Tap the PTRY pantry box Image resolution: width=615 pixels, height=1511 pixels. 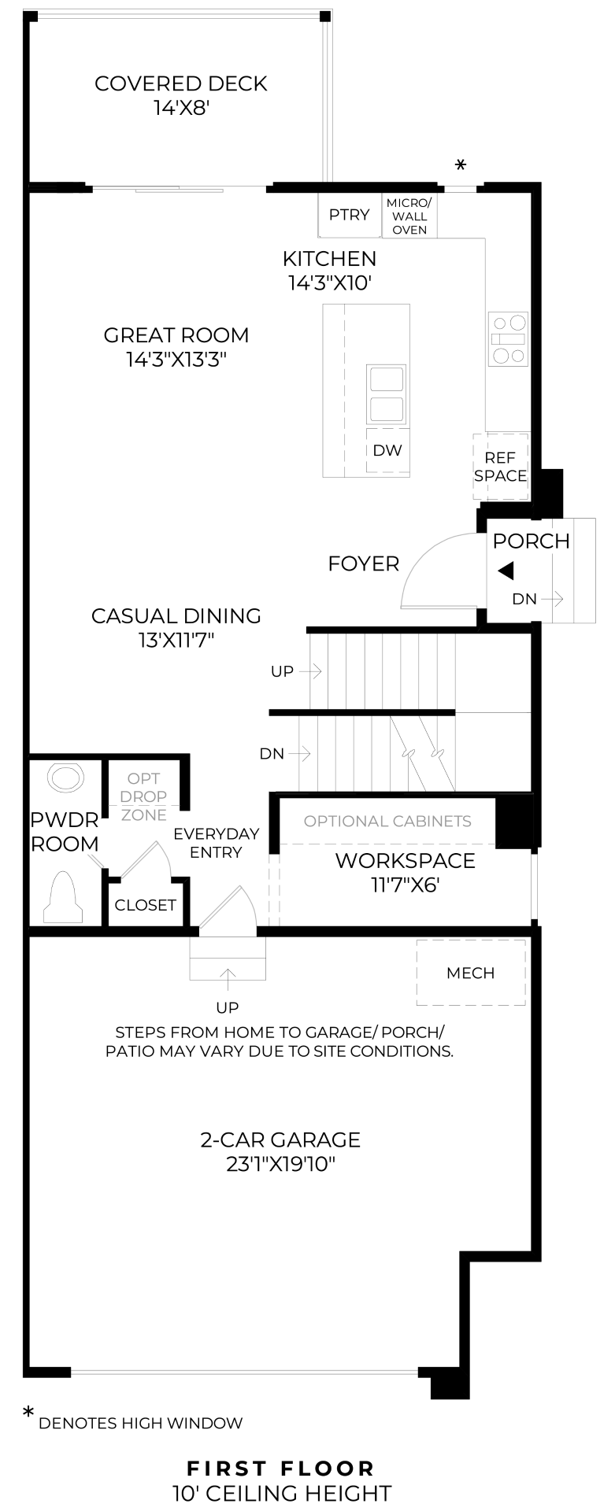coord(350,214)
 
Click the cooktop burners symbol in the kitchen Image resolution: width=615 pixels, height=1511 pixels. coord(508,338)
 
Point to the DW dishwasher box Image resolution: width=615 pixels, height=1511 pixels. coord(387,451)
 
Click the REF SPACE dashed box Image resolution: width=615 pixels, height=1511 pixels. coord(500,466)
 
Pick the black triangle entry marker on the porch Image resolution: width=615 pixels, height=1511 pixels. coord(506,571)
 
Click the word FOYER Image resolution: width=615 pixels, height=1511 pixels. coord(364,563)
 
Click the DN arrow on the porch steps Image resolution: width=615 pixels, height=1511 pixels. coord(553,599)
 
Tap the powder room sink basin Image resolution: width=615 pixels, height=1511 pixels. coord(65,778)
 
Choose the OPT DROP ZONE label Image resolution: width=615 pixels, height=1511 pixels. coord(144,797)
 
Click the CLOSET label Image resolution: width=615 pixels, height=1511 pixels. coord(146,905)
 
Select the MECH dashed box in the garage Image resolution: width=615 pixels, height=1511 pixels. coord(471,973)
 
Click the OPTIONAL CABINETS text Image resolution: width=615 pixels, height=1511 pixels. coord(388,821)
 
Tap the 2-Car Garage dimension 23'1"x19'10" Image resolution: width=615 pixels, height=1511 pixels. coord(281,1164)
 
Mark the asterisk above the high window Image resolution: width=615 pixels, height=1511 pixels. coord(461,165)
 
